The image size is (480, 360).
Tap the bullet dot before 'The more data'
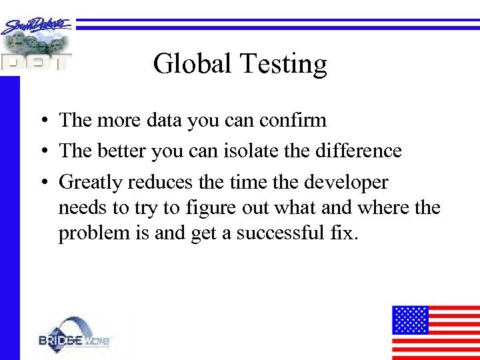point(42,121)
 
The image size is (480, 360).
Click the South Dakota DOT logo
point(36,44)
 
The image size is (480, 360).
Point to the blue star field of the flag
point(409,319)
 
